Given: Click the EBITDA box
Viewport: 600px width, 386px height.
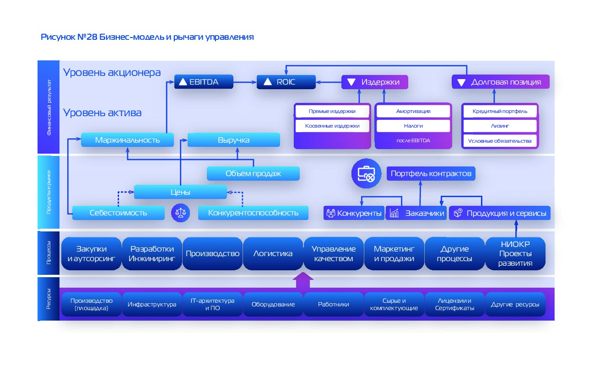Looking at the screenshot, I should [x=204, y=82].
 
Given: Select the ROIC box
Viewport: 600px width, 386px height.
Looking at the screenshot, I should [x=286, y=82].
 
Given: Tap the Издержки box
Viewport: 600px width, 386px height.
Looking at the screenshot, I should [x=374, y=82].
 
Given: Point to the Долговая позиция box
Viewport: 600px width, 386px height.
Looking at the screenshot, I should [x=500, y=82].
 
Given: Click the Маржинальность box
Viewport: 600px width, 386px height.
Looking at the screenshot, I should [x=127, y=140].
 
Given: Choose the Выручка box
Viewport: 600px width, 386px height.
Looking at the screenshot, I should [x=233, y=140].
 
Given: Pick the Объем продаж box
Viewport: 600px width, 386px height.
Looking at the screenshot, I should [x=253, y=173].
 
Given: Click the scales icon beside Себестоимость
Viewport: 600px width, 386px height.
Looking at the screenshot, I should [x=181, y=213].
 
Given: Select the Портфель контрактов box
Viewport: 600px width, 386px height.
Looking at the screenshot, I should [x=431, y=174].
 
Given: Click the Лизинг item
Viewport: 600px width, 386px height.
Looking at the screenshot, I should [x=499, y=126].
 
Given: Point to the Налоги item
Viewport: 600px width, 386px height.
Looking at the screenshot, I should [x=413, y=126].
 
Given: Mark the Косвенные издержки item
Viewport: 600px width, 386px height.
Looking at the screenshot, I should [x=332, y=126].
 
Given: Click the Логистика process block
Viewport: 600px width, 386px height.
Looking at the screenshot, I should [x=273, y=253].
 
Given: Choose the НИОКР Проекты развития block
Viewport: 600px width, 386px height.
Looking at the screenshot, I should [x=515, y=253].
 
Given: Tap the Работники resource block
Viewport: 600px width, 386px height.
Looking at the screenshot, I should [x=333, y=304].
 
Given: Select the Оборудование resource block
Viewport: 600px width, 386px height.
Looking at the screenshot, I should [x=273, y=304].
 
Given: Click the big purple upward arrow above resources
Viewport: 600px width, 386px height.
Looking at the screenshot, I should [x=303, y=280].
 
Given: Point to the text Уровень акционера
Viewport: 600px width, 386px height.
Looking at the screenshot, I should [x=112, y=72].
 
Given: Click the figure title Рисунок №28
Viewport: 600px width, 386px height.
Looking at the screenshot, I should [x=147, y=37].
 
